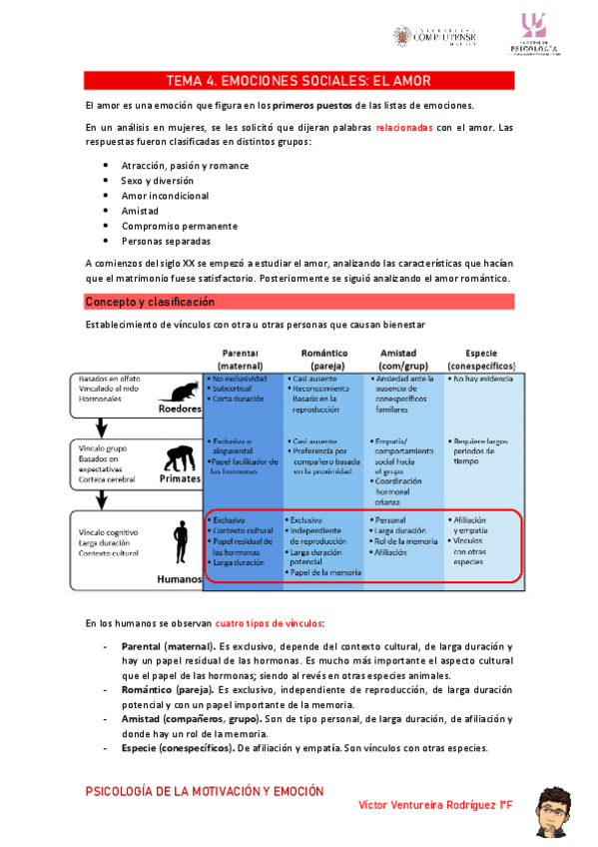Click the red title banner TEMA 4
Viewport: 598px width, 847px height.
(299, 80)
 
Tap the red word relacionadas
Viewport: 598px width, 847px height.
(404, 128)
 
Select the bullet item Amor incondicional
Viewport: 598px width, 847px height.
(165, 196)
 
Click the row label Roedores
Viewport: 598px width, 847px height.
(179, 409)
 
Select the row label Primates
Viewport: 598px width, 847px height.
(179, 477)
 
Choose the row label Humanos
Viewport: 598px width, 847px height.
(180, 578)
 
